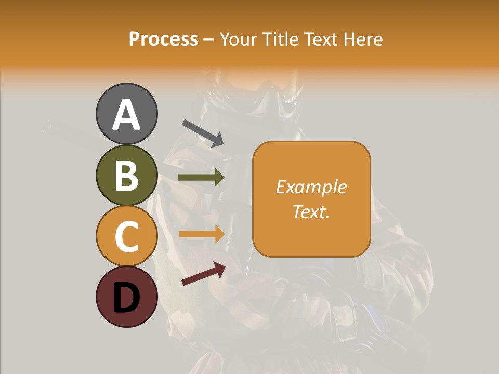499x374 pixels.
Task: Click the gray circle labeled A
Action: click(x=127, y=114)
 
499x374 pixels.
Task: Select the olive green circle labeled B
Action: click(x=127, y=175)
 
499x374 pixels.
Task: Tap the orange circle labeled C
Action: click(x=127, y=236)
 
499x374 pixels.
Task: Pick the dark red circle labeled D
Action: click(x=127, y=297)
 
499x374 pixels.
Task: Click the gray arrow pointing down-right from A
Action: click(x=203, y=133)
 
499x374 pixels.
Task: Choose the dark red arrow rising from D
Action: click(x=203, y=274)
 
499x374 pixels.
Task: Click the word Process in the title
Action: click(x=163, y=39)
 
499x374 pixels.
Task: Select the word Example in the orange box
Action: click(x=311, y=187)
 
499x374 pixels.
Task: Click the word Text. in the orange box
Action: click(x=311, y=211)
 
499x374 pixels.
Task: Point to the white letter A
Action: click(x=127, y=115)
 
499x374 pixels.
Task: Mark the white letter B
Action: click(x=127, y=176)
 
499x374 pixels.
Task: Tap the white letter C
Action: click(x=127, y=236)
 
